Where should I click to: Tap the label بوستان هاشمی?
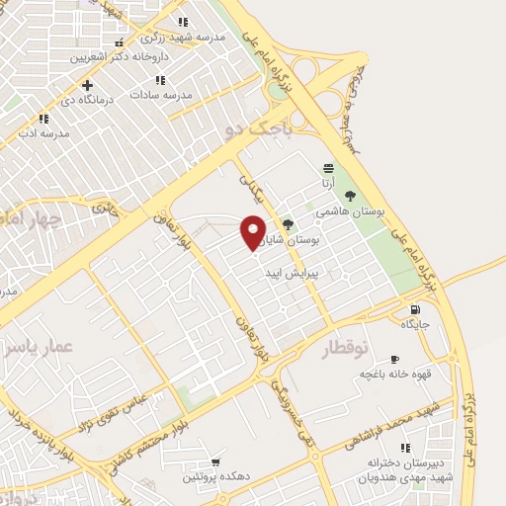point(341,211)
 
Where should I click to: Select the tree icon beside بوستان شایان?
point(289,224)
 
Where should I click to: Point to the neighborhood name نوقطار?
point(345,347)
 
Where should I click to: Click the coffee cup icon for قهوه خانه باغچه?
point(394,359)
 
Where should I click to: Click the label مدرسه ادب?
point(45,132)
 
